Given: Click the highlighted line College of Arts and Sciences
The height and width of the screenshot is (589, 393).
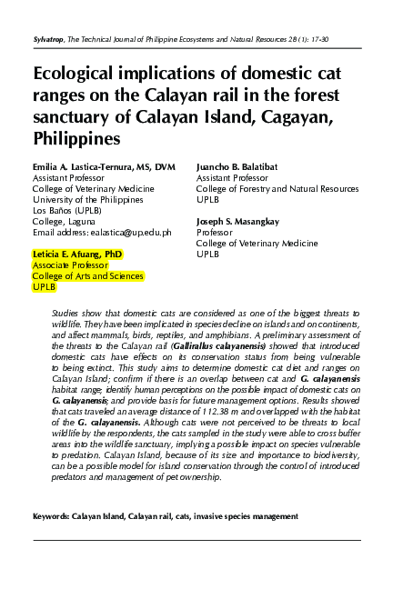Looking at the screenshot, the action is coord(87,275).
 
